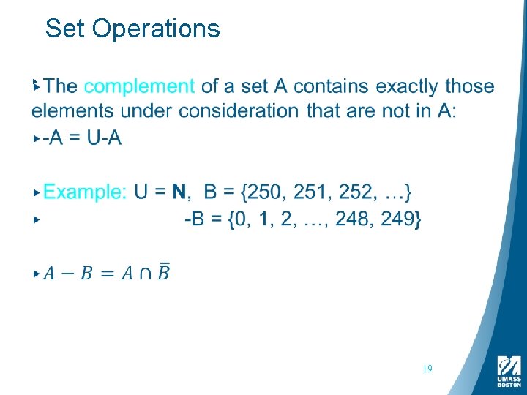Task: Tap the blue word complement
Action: coord(139,86)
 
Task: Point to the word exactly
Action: coord(403,86)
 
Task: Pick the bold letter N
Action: coord(179,192)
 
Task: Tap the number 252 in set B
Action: coord(358,192)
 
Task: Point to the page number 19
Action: coord(427,369)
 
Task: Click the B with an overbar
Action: coord(163,272)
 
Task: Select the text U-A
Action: coord(104,138)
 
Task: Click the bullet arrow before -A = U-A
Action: coord(37,138)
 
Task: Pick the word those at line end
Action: coord(469,86)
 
